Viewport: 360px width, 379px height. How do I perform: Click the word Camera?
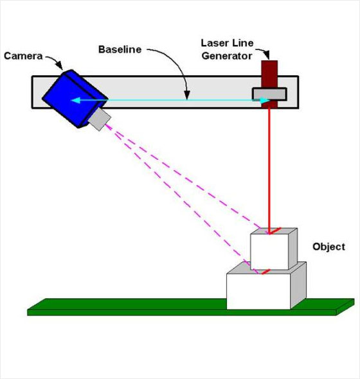point(23,56)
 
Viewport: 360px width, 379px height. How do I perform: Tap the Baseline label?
point(120,49)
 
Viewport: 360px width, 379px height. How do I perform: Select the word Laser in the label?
point(214,43)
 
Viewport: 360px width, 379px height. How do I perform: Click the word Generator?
point(227,56)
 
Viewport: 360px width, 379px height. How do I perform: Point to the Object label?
point(328,247)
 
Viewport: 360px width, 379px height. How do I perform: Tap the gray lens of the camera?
point(100,119)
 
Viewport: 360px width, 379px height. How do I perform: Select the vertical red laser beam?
point(269,170)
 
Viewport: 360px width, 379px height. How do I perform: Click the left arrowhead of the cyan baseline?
point(75,100)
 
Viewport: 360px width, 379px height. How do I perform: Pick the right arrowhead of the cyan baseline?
point(265,100)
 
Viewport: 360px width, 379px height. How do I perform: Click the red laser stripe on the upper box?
point(275,231)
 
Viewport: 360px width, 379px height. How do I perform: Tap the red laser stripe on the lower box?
point(266,272)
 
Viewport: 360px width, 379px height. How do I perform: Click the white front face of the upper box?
point(269,252)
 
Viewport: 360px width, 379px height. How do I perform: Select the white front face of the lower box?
point(258,291)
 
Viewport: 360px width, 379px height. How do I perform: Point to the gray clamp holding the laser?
point(269,94)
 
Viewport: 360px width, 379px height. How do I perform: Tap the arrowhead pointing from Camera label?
point(59,66)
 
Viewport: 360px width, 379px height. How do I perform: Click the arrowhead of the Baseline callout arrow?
point(187,95)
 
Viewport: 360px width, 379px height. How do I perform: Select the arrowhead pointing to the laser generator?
point(266,55)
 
